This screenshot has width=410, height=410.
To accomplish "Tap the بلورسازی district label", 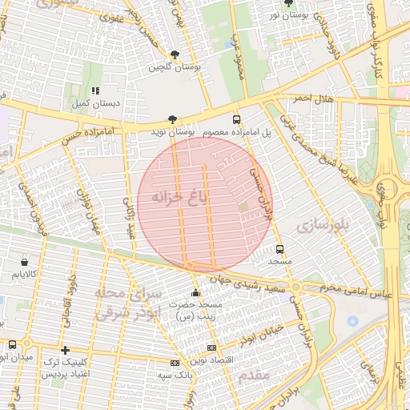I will pos(324,227).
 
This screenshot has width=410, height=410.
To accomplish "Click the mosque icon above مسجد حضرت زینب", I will pos(195,293).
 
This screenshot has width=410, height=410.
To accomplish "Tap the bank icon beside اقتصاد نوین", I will pos(211,348).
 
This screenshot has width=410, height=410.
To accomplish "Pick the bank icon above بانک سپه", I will pos(175,363).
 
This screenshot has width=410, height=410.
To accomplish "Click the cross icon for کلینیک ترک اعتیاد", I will pos(65,350).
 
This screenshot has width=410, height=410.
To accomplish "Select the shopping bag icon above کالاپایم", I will pos(25,262).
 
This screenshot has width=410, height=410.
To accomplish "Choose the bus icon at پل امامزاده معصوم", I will pos(236,117).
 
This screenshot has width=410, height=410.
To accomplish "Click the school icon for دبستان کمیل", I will pos(95,91).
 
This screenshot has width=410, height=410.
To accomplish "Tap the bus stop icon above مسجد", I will pos(279,248).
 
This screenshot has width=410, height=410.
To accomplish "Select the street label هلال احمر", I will pos(290,98).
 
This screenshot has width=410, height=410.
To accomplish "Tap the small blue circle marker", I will pos(352,321).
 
